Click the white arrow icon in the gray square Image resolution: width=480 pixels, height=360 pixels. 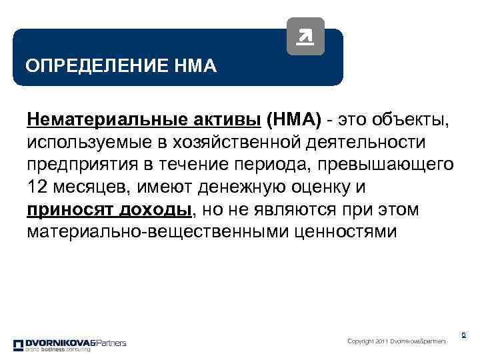coord(305,36)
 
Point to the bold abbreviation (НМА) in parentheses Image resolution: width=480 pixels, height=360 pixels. coord(294,120)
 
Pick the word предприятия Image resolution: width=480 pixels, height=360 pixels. coord(75,165)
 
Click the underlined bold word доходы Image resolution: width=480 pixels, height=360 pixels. coord(153,210)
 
